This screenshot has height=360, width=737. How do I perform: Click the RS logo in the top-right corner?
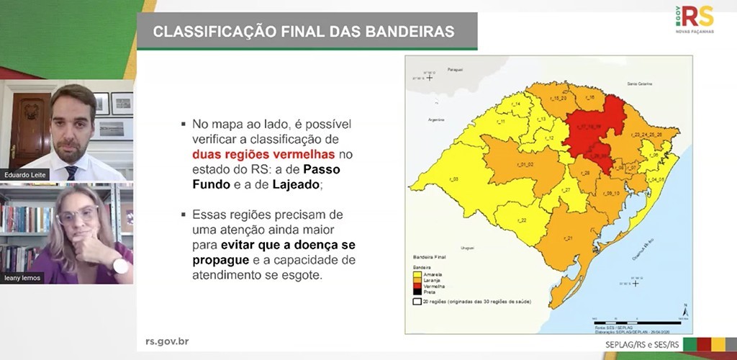pyautogui.click(x=695, y=17)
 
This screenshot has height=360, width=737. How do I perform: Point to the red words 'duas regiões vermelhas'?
pyautogui.click(x=263, y=154)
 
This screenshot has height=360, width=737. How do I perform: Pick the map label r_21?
pyautogui.click(x=567, y=238)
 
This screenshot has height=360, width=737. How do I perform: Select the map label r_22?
pyautogui.click(x=523, y=220)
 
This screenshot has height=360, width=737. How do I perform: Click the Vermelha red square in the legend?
pyautogui.click(x=417, y=285)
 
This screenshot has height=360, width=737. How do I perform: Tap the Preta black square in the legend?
pyautogui.click(x=417, y=291)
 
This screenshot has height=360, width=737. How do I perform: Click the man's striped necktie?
pyautogui.click(x=71, y=172)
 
